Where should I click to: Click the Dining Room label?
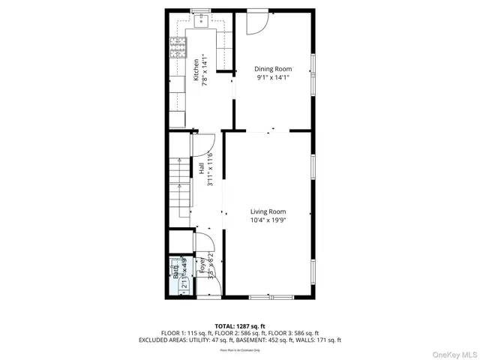pyautogui.click(x=272, y=69)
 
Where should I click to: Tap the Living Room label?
pyautogui.click(x=269, y=211)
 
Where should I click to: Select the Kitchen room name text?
pyautogui.click(x=196, y=70)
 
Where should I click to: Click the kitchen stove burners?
pyautogui.click(x=178, y=49)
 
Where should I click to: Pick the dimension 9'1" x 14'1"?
pyautogui.click(x=272, y=77)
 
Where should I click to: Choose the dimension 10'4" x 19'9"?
pyautogui.click(x=269, y=220)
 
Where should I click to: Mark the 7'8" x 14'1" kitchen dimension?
pyautogui.click(x=205, y=70)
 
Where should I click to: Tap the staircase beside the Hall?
pyautogui.click(x=179, y=184)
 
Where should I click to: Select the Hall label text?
pyautogui.click(x=202, y=169)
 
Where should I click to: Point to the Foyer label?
pyautogui.click(x=200, y=263)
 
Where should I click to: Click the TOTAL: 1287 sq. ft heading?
pyautogui.click(x=240, y=326)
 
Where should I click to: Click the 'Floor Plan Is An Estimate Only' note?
pyautogui.click(x=240, y=350)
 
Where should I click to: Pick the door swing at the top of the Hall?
pyautogui.click(x=205, y=143)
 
